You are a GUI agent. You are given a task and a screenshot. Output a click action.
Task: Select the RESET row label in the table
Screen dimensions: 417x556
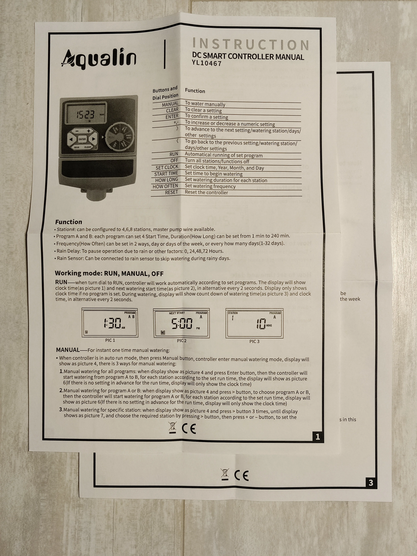click(x=171, y=192)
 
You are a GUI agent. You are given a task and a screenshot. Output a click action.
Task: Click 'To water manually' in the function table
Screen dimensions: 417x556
click(x=205, y=104)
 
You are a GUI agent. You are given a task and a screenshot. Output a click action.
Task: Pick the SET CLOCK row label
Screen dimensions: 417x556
click(x=167, y=167)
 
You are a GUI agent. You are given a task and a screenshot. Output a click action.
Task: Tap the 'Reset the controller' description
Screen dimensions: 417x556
click(x=206, y=193)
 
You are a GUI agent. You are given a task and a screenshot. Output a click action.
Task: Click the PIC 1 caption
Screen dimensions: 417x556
click(x=110, y=340)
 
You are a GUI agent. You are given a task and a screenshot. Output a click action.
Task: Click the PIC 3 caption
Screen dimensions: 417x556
click(x=254, y=341)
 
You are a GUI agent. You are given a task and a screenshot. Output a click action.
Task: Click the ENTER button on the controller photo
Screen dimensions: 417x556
click(x=82, y=139)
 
